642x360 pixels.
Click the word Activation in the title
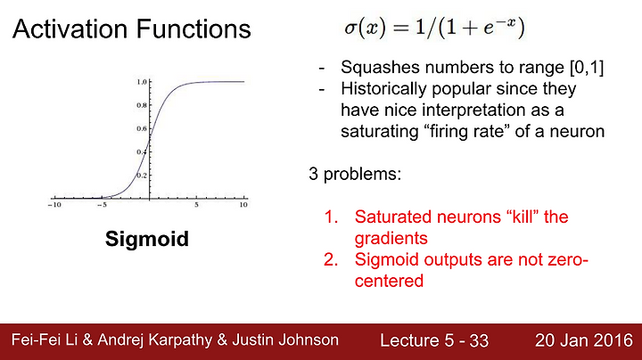(x=70, y=29)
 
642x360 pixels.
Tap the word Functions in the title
(x=193, y=29)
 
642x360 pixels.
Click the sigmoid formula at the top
(x=434, y=28)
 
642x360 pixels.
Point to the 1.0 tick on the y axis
(x=142, y=82)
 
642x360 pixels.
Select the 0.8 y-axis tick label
(x=142, y=105)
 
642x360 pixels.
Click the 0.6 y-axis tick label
(x=142, y=129)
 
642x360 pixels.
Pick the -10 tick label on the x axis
(x=54, y=205)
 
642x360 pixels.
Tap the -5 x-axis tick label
(x=103, y=205)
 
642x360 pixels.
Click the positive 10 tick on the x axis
(x=243, y=205)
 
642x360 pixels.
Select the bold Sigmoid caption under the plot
(x=147, y=240)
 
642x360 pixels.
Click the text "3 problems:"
(x=355, y=174)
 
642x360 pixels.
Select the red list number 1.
(x=331, y=217)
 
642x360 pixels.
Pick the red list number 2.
(x=331, y=259)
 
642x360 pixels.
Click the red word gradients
(x=391, y=239)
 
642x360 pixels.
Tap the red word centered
(x=389, y=281)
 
